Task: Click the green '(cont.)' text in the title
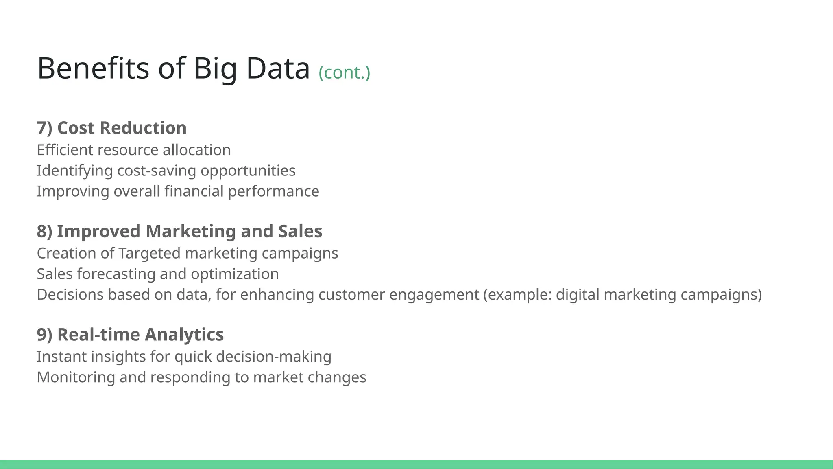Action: tap(344, 72)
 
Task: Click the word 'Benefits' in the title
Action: tap(93, 68)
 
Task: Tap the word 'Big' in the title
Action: tap(215, 68)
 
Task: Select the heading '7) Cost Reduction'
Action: tap(112, 128)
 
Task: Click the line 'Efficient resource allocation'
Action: tap(134, 150)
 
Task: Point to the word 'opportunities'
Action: tap(248, 171)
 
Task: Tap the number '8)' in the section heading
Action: tap(45, 231)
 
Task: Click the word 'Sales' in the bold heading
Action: tap(300, 231)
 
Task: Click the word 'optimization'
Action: tap(235, 274)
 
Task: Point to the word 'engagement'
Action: tap(434, 295)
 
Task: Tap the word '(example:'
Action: tap(517, 295)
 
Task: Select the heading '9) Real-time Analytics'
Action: tap(130, 335)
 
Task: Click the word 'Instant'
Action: tap(61, 357)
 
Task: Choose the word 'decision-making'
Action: tap(274, 357)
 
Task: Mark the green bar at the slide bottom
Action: tap(416, 464)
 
